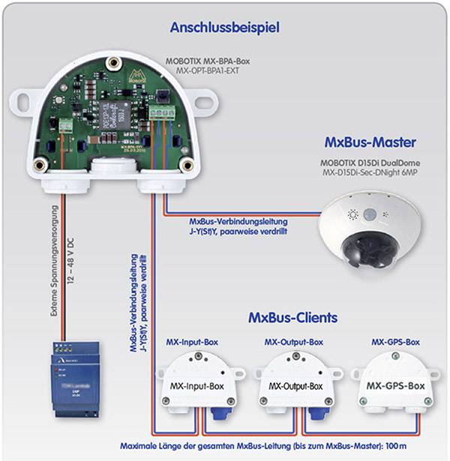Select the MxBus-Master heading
(370, 142)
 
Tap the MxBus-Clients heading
(292, 317)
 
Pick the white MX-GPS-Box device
(394, 385)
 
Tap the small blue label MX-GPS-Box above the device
(395, 342)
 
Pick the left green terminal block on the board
(67, 124)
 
